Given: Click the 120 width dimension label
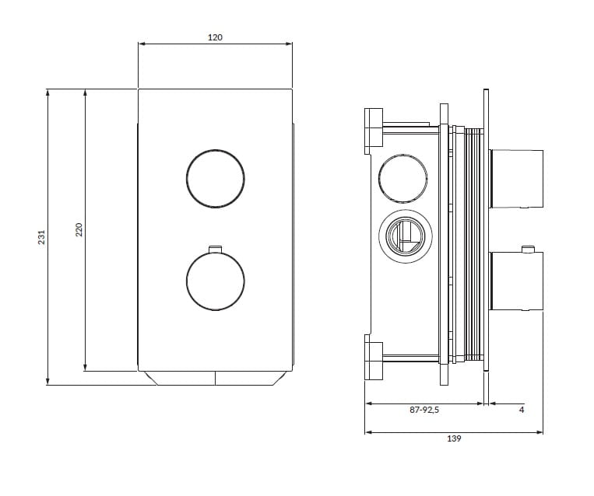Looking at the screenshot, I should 216,37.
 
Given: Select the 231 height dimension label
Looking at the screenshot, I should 42,237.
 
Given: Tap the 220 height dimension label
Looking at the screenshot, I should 79,230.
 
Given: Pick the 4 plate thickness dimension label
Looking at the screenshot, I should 521,410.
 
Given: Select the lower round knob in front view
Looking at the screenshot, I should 216,281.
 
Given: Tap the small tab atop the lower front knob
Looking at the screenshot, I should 216,250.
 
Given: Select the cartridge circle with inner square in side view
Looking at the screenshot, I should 402,235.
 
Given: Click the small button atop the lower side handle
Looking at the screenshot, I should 528,250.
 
